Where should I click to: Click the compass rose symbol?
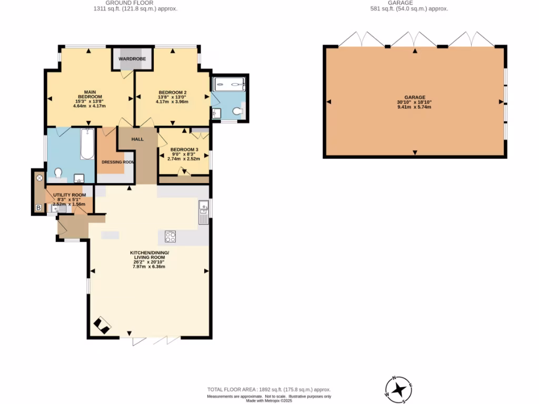coord(399,390)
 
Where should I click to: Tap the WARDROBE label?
coord(132,58)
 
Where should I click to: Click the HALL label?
coord(137,139)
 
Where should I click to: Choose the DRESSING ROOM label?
coord(117,162)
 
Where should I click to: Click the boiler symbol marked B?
coord(38,208)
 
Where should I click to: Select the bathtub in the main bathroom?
coord(87,143)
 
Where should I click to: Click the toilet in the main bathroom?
coord(58,173)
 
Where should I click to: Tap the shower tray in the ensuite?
coord(228,84)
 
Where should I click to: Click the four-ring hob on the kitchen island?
coord(171,237)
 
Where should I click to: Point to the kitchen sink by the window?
coord(203,210)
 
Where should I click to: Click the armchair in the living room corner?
coord(102,326)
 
